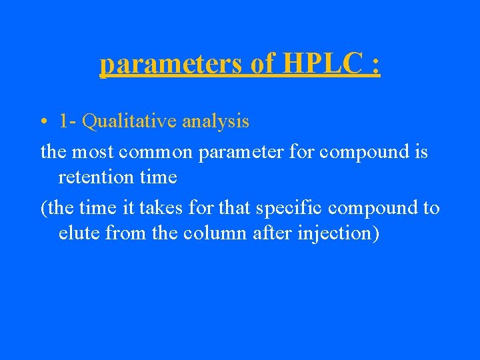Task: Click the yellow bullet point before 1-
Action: pos(43,123)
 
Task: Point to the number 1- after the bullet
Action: pos(68,121)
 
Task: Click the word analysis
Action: pos(215,121)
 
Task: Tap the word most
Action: pos(93,151)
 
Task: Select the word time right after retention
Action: pos(158,177)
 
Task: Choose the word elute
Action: pos(77,234)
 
